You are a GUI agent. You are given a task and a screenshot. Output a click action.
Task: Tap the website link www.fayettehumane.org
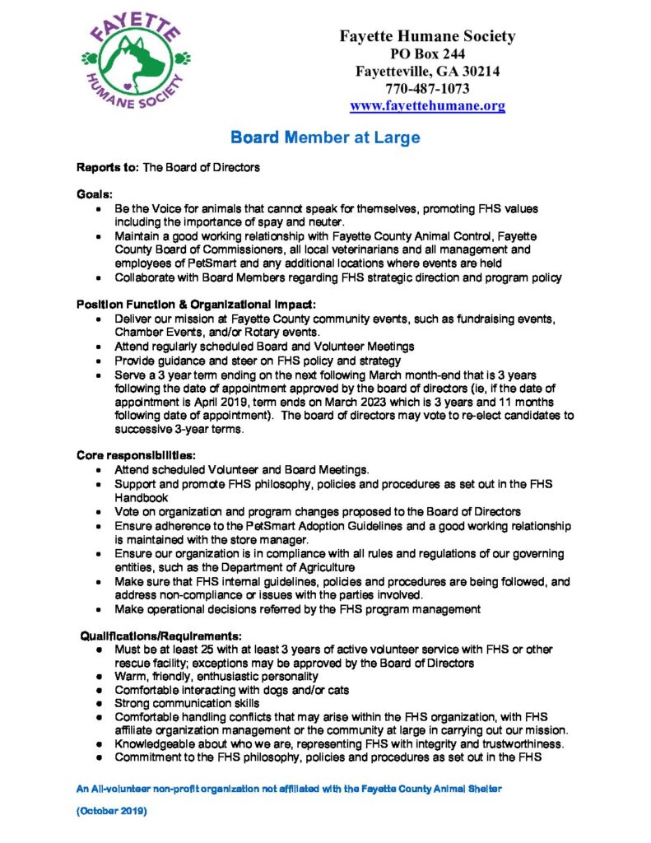click(427, 106)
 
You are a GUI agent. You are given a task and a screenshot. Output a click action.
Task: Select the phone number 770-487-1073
click(427, 89)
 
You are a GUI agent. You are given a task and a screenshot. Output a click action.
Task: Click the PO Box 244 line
click(427, 54)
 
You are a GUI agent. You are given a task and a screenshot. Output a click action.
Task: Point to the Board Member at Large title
click(325, 137)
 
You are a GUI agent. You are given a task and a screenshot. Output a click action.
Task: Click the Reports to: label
click(109, 167)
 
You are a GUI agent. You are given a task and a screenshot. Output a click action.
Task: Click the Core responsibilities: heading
click(136, 454)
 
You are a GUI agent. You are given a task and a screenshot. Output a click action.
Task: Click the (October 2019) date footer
click(112, 811)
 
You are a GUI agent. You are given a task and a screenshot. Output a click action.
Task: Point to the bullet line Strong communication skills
click(187, 703)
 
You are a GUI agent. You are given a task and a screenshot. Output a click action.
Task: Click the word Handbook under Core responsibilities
click(142, 497)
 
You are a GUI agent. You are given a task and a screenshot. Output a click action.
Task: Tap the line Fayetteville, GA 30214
click(427, 72)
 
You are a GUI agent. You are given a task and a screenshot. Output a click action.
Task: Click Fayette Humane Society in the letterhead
click(427, 36)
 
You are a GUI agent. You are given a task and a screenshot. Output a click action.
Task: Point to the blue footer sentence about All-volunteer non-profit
click(288, 789)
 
